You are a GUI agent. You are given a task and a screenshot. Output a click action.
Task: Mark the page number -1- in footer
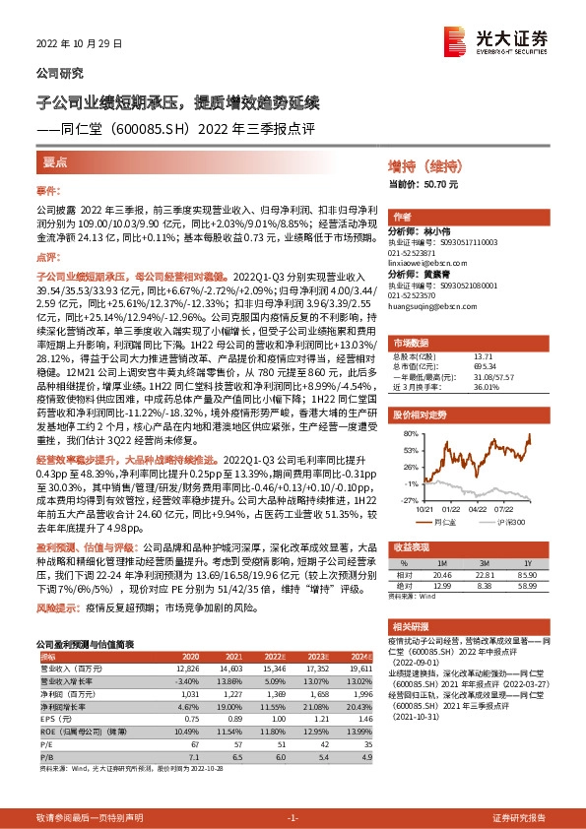pyautogui.click(x=292, y=817)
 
